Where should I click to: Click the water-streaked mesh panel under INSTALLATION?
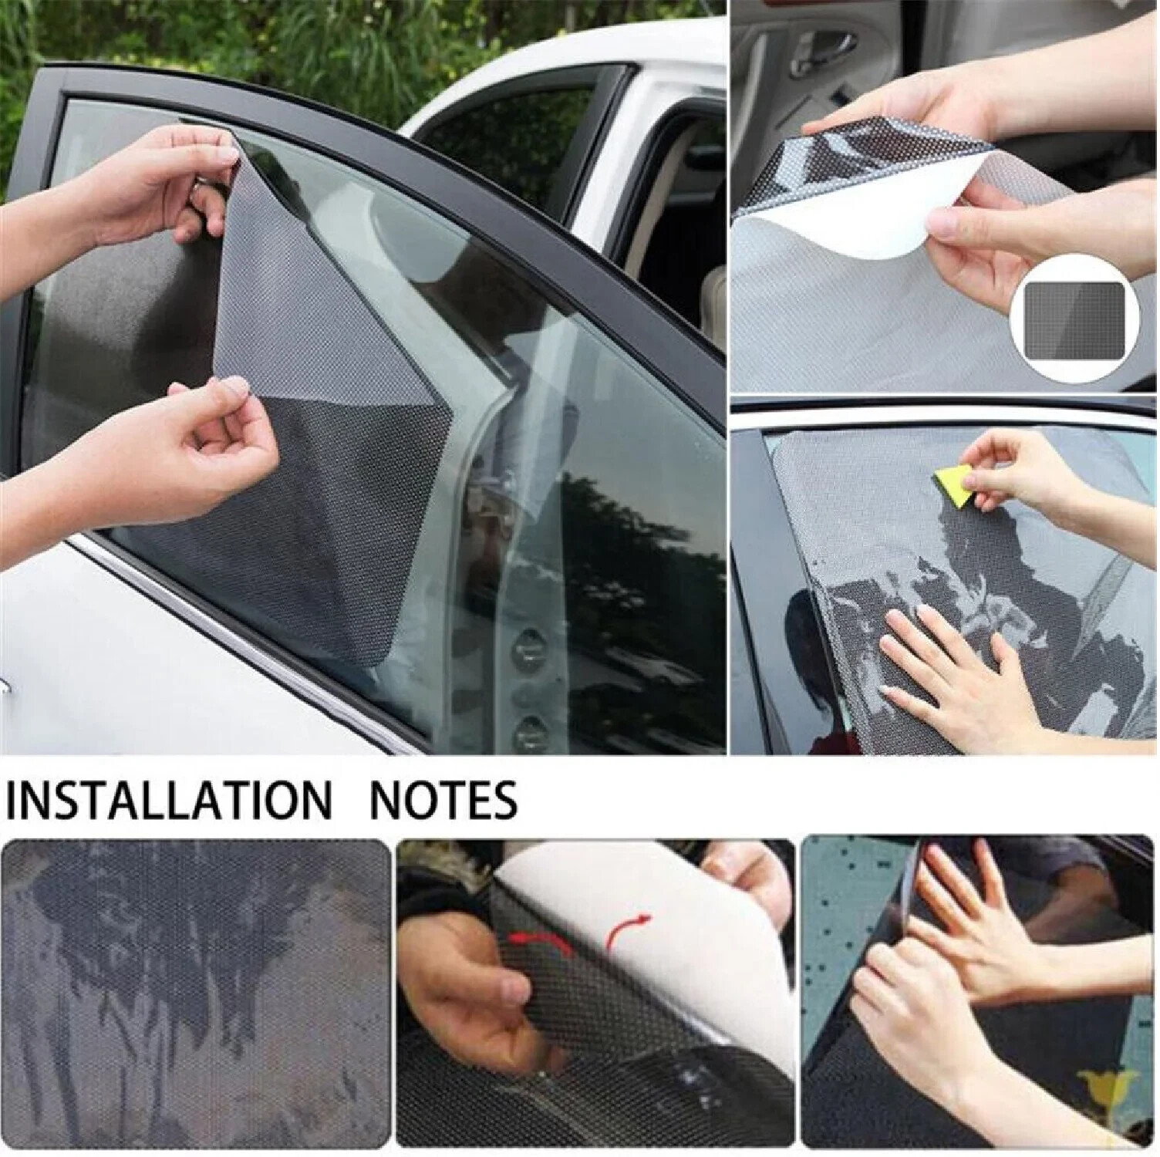click(x=196, y=995)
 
